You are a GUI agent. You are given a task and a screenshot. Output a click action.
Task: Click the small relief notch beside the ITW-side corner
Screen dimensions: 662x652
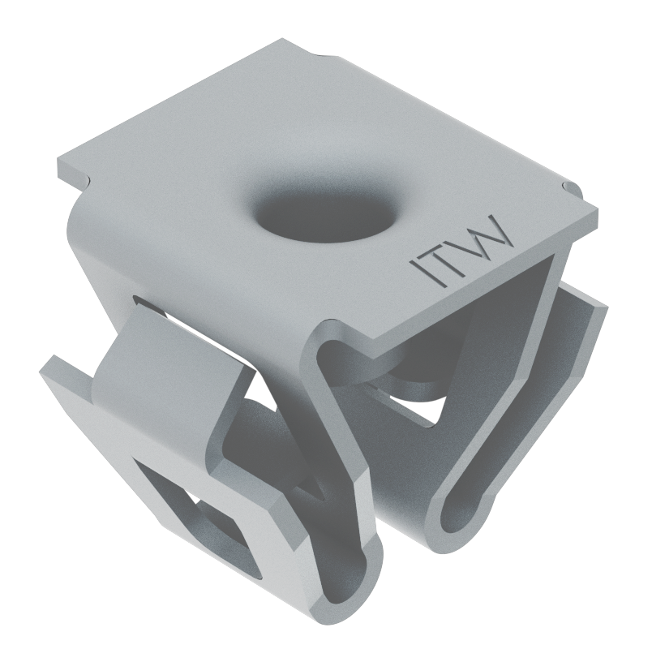[x=571, y=189]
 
